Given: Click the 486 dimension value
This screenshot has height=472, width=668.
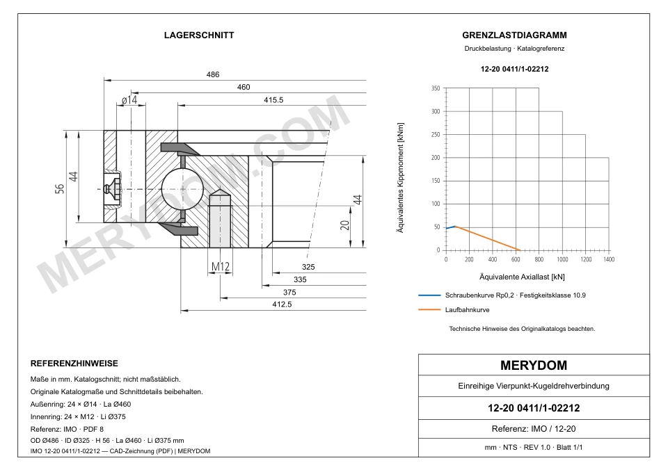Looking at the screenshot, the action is tap(213, 74).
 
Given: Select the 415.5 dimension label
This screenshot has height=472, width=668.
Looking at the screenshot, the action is tap(273, 100).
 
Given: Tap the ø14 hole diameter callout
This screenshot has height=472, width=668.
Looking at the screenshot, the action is tap(129, 100).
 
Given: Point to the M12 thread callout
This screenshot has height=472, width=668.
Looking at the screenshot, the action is tap(221, 266).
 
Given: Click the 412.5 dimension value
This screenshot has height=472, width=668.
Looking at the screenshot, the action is tap(282, 304).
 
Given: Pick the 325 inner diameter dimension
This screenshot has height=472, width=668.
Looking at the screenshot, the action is tap(308, 267).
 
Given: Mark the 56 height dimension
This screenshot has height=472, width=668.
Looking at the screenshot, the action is tap(60, 188).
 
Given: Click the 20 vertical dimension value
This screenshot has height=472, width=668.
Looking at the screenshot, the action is tap(344, 225).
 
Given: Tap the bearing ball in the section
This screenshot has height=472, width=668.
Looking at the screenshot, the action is tap(178, 189).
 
